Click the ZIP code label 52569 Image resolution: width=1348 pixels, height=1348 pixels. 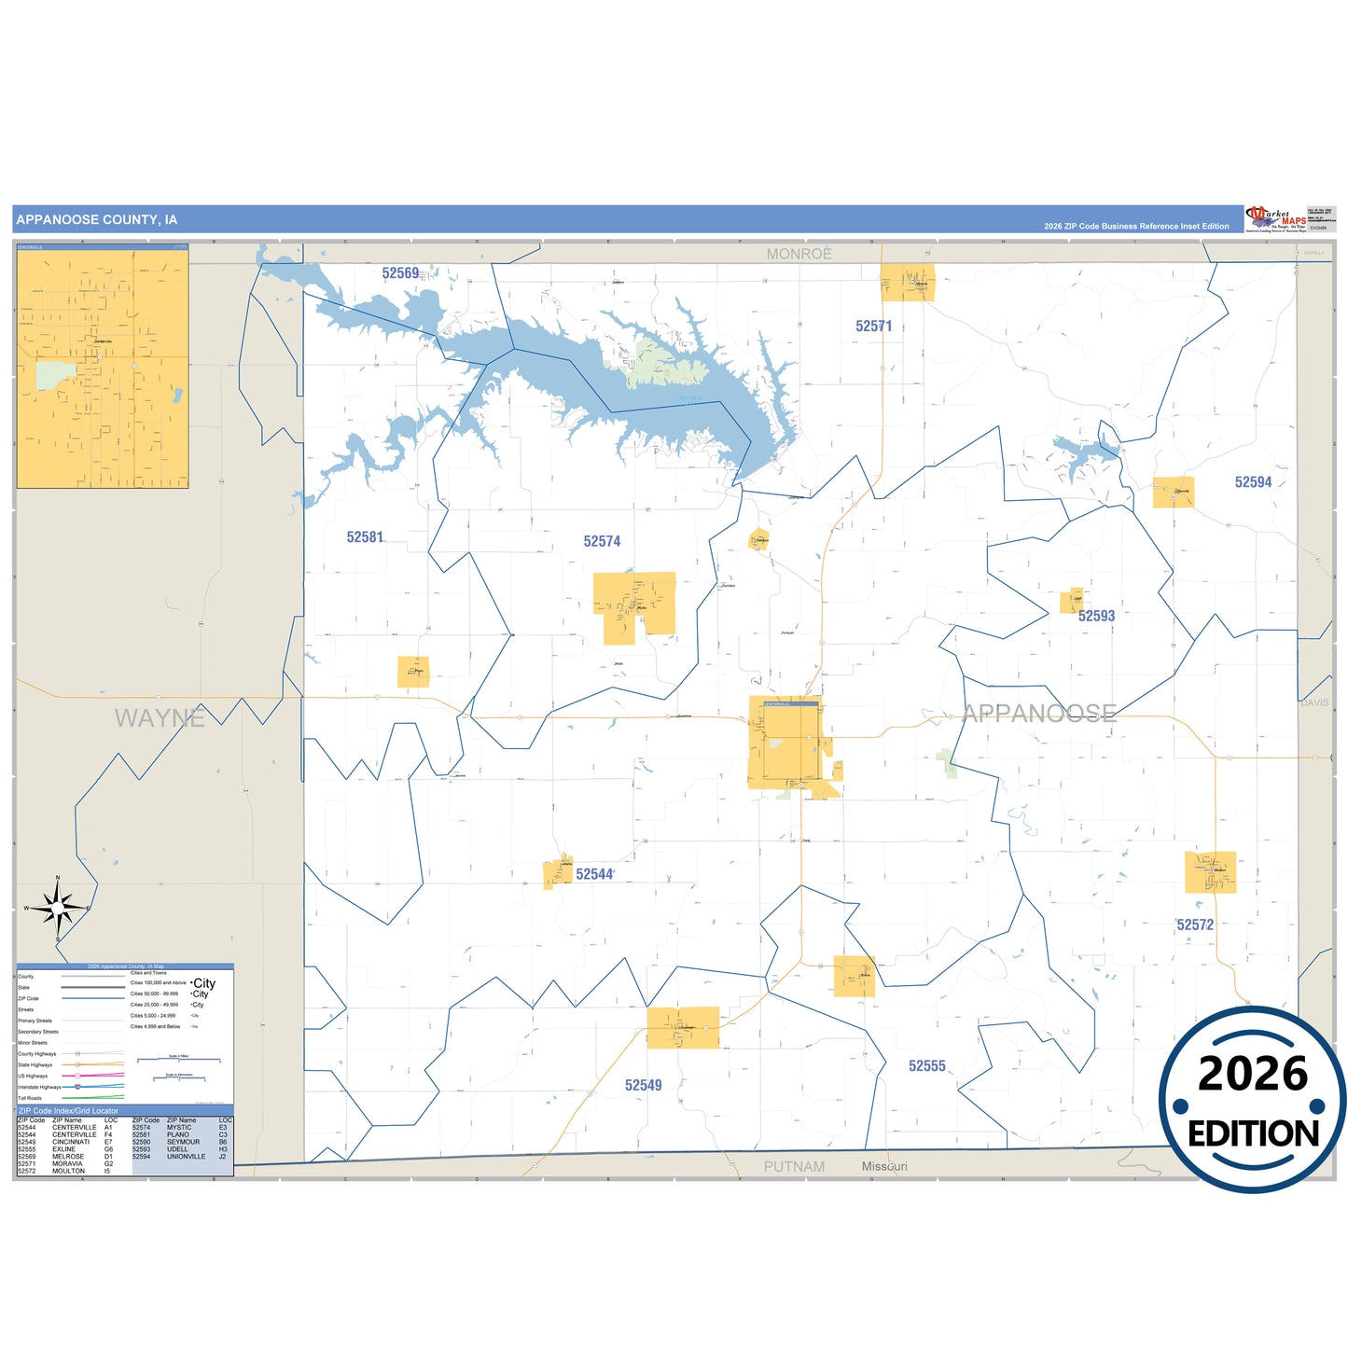(x=400, y=273)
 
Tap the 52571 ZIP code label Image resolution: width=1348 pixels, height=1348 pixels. (x=874, y=327)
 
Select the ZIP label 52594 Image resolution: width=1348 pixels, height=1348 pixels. (x=1253, y=482)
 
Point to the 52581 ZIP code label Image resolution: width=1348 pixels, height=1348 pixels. (x=365, y=537)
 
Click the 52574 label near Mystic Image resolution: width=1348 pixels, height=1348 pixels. (x=602, y=541)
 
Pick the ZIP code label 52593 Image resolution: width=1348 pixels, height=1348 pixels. (x=1096, y=616)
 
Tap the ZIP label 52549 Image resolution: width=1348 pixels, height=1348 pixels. (x=643, y=1085)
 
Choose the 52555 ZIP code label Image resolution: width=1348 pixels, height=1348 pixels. (x=926, y=1065)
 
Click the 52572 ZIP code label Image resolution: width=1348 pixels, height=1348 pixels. (x=1195, y=924)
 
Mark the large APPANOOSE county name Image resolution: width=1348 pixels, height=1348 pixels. (x=1039, y=714)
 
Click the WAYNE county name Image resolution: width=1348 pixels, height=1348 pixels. (x=160, y=718)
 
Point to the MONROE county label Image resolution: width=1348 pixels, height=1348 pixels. (x=799, y=254)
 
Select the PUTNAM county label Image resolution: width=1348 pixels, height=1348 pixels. (x=794, y=1166)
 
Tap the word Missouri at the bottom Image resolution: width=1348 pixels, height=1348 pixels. (x=883, y=1166)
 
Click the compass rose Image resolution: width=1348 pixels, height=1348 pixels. (x=58, y=907)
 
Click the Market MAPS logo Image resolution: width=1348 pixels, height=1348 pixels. (x=1276, y=219)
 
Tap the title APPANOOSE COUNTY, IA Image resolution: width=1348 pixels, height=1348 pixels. (x=97, y=220)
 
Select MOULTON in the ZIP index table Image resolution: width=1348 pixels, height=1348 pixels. (x=68, y=1171)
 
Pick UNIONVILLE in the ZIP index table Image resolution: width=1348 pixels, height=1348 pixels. (x=186, y=1157)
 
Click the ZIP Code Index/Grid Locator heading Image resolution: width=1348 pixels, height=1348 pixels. (x=69, y=1111)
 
